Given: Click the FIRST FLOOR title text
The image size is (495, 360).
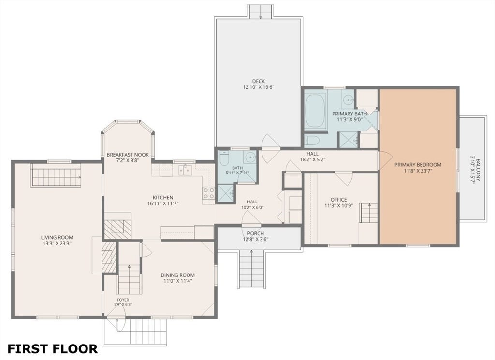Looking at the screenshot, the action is (52, 348).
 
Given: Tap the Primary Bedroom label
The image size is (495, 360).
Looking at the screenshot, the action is (418, 164).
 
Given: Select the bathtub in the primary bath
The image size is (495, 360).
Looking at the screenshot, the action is (315, 110).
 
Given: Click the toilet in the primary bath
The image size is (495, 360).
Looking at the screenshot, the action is (312, 140).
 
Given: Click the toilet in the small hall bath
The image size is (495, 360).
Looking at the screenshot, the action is (224, 158).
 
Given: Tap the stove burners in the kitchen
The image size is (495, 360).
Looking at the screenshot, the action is (209, 193).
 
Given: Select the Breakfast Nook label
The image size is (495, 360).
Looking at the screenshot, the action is (128, 155).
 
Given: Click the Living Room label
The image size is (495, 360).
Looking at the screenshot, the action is (57, 237).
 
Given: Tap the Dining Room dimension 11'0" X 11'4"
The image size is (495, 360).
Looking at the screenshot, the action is (178, 281).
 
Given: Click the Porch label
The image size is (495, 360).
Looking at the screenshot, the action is (255, 233).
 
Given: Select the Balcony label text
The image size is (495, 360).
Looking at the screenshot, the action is (479, 170).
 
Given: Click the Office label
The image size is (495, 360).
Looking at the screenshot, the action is (338, 200).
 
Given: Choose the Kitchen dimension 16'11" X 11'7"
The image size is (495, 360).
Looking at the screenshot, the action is (163, 203).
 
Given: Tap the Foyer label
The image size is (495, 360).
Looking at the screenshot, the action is (123, 300).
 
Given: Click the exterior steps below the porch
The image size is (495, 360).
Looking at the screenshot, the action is (251, 269).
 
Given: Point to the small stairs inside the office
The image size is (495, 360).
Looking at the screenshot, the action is (368, 213).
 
